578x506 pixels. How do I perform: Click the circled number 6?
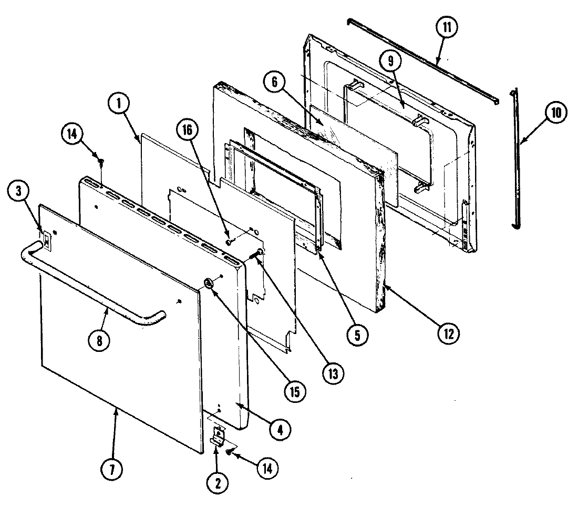point(278,81)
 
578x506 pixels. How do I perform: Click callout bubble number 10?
point(556,113)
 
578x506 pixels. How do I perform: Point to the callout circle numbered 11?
point(447,27)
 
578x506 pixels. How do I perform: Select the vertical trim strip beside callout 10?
point(517,158)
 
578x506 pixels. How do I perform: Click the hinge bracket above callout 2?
point(217,436)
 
